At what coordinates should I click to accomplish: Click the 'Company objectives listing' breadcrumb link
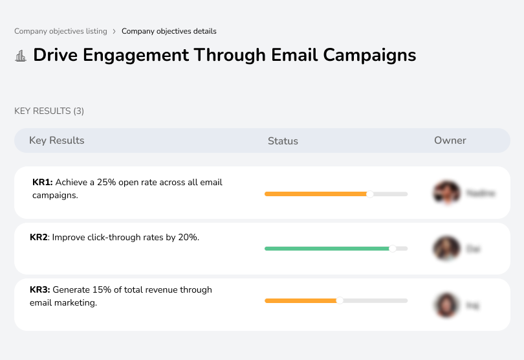61,31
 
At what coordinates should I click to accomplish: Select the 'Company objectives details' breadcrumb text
169,31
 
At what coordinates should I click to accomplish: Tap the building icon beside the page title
21,56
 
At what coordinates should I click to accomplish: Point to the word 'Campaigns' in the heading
369,55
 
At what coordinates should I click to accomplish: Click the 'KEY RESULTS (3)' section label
49,111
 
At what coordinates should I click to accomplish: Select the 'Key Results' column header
56,141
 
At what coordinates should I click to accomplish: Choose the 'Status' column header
283,141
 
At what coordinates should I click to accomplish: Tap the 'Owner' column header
450,141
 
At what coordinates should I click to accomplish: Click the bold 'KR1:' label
42,183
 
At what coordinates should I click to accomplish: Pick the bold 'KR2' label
39,238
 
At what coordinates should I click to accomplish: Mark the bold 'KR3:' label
39,290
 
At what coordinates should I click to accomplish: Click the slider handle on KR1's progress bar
370,194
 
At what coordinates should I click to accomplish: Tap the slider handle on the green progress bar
392,248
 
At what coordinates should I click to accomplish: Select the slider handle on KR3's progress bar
340,300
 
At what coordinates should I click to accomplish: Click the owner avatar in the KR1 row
446,193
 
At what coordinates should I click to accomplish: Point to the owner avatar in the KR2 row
446,248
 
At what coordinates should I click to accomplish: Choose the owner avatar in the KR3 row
446,304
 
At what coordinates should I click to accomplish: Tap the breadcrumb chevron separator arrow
115,31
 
